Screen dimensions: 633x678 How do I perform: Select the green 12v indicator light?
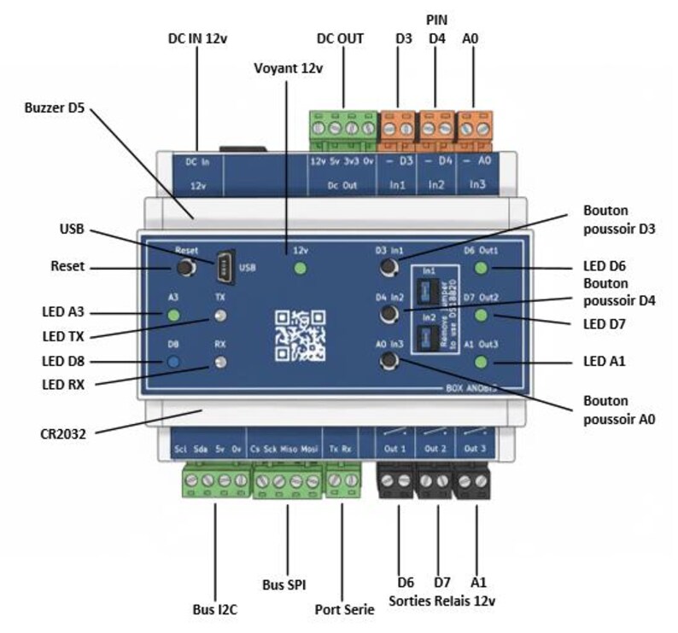pyautogui.click(x=300, y=270)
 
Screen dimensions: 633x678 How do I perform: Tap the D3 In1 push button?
pyautogui.click(x=389, y=269)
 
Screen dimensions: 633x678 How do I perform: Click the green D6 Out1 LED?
pyautogui.click(x=482, y=269)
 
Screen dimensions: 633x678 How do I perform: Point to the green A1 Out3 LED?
pyautogui.click(x=482, y=363)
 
